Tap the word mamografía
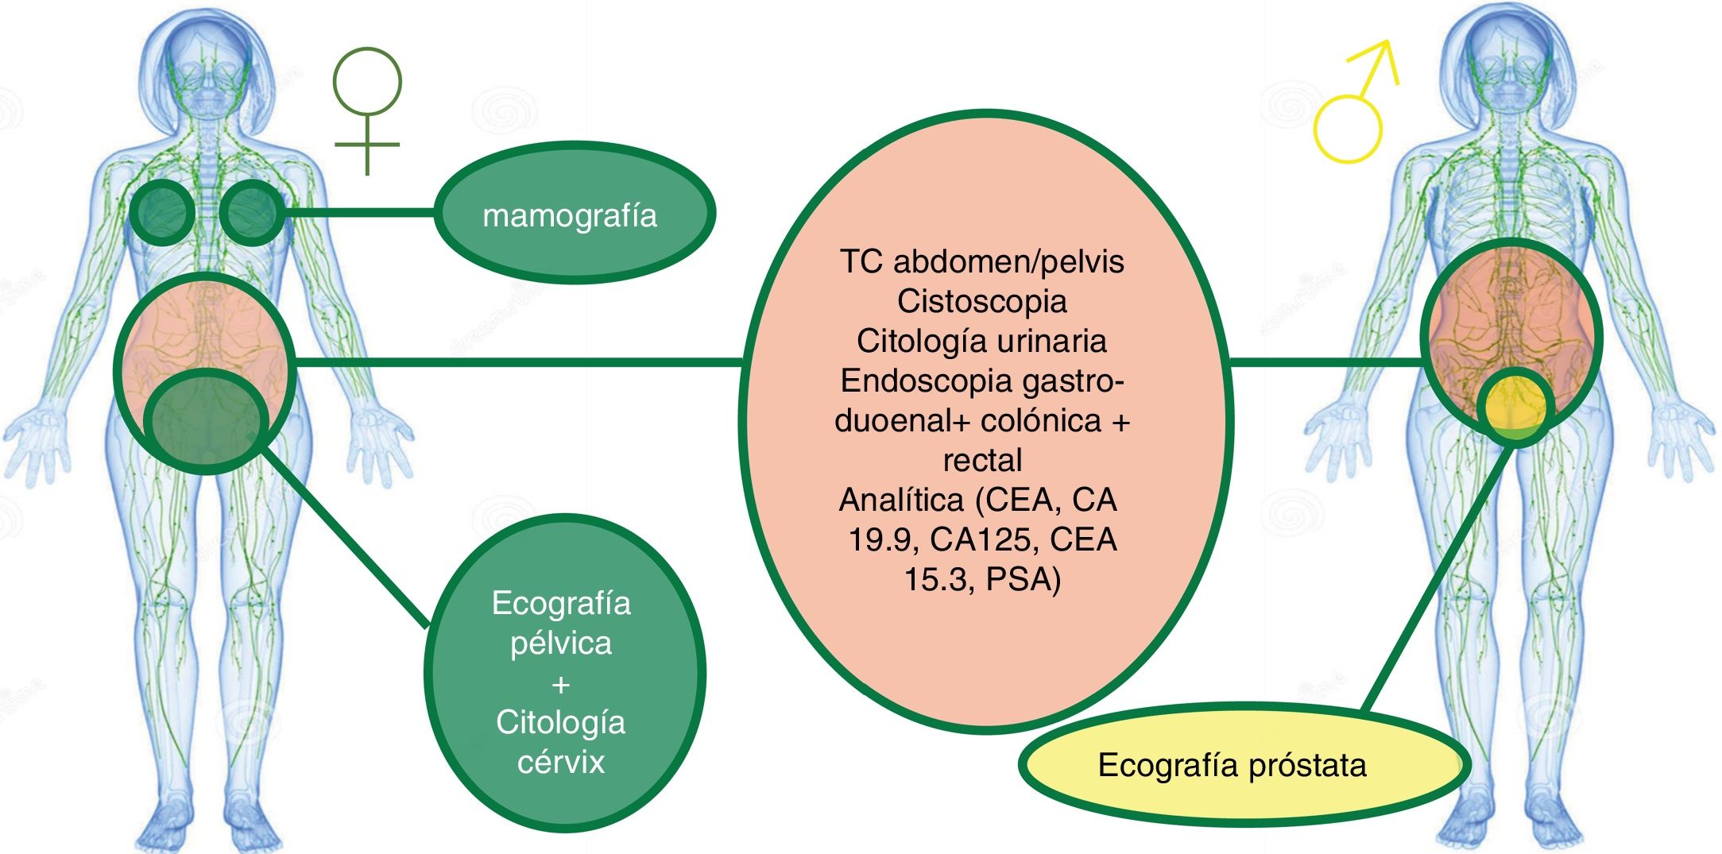click(x=570, y=216)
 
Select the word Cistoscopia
click(x=982, y=301)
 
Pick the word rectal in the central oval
click(x=982, y=460)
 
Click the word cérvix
click(x=561, y=762)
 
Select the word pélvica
click(x=561, y=643)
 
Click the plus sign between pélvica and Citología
click(x=561, y=683)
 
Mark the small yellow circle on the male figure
click(x=1516, y=406)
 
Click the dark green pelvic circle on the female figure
click(x=207, y=421)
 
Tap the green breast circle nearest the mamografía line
click(x=252, y=212)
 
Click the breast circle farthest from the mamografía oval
click(x=161, y=212)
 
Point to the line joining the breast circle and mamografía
click(x=358, y=213)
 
